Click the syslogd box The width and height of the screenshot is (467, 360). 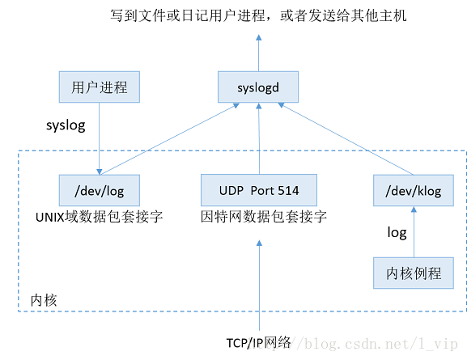[x=259, y=86]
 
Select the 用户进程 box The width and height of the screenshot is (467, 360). [x=100, y=87]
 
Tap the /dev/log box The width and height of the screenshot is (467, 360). [x=100, y=191]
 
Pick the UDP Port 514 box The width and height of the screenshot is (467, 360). [x=259, y=191]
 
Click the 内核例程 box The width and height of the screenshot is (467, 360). [x=414, y=273]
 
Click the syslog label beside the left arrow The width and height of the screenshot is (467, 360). [x=66, y=127]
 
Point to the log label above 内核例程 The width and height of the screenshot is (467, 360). [x=397, y=233]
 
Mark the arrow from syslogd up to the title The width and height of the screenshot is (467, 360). [x=259, y=53]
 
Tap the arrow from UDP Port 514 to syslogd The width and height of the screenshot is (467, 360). [x=259, y=138]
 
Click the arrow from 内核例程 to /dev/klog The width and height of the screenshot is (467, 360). [x=414, y=232]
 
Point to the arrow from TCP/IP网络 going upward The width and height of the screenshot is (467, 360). [x=259, y=283]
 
